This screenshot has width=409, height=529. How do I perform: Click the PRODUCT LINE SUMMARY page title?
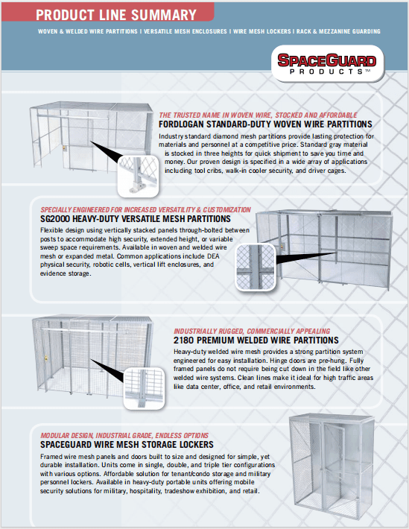(x=116, y=15)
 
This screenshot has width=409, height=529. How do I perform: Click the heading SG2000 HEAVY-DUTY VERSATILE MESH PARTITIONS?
(x=136, y=219)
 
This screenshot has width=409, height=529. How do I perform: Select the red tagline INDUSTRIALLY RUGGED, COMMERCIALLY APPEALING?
(x=252, y=330)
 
